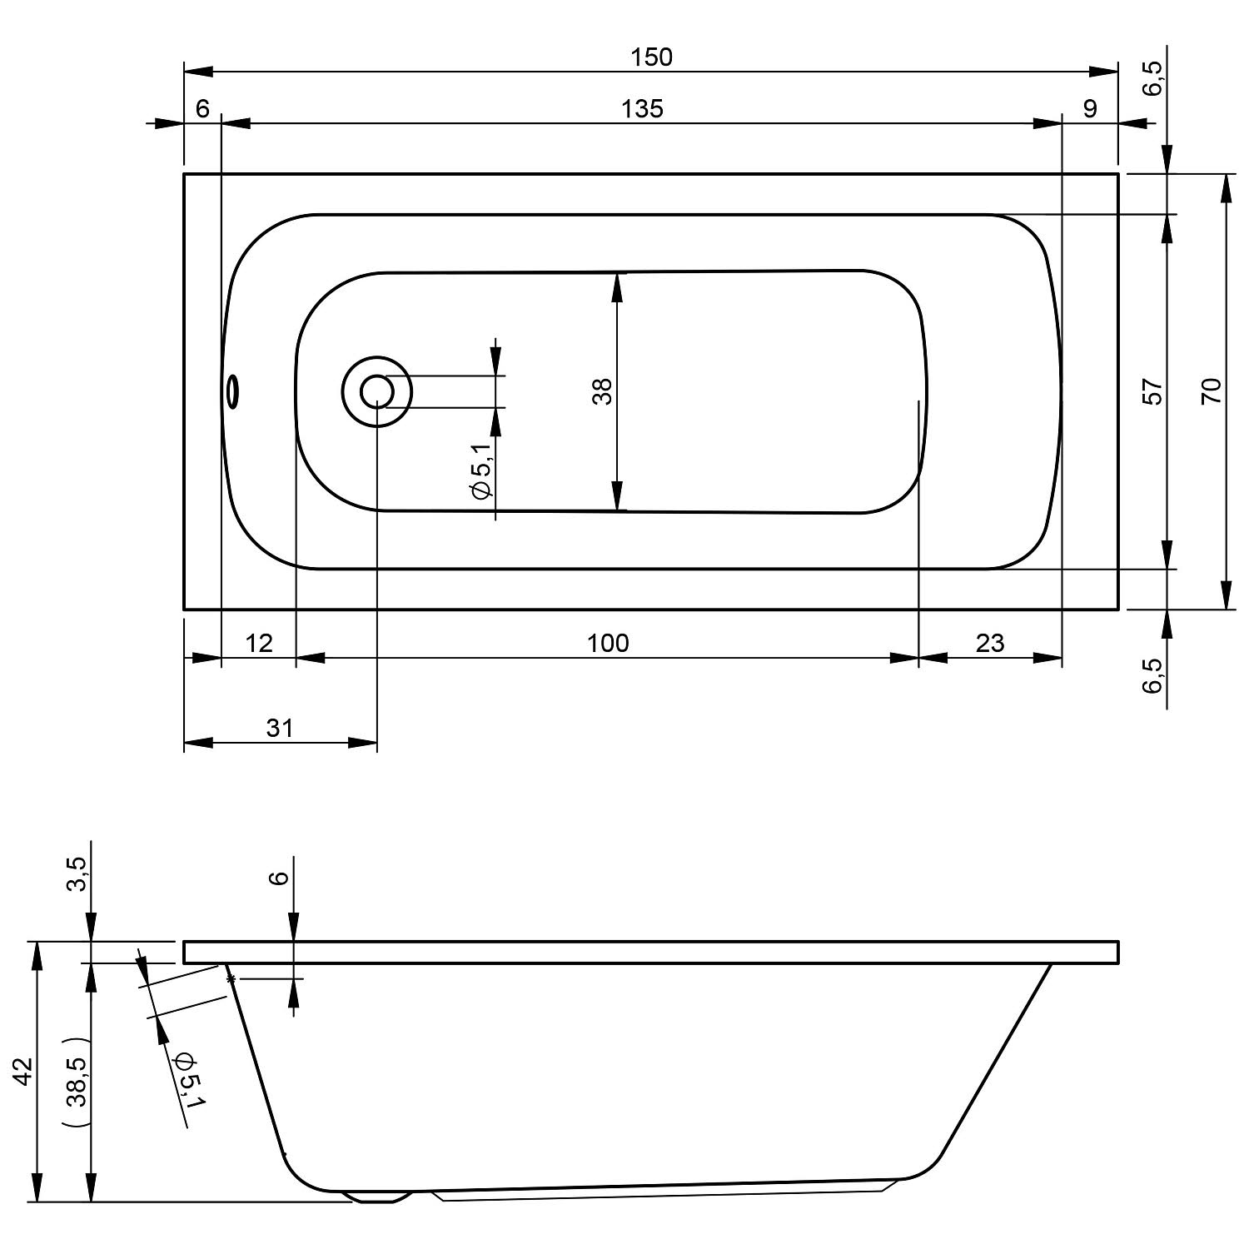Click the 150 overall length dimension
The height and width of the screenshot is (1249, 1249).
(x=651, y=57)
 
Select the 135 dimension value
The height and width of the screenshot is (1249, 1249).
(x=643, y=108)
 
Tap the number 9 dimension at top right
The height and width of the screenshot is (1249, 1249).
(x=1091, y=108)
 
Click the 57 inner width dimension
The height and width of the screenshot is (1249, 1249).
(x=1152, y=391)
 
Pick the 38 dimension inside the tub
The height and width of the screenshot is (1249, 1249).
(x=602, y=391)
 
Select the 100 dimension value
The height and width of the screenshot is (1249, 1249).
(x=608, y=643)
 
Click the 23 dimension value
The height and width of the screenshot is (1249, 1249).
(x=990, y=643)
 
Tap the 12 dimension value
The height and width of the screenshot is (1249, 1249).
(x=259, y=643)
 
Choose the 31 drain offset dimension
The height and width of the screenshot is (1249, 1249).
(x=280, y=728)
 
